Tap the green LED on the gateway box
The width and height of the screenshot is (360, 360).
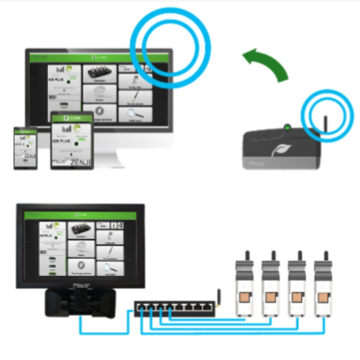(x=287, y=128)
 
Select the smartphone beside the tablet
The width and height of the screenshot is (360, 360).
(x=25, y=148)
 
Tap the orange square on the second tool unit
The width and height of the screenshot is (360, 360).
(x=271, y=297)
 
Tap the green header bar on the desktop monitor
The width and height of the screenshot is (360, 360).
(x=99, y=57)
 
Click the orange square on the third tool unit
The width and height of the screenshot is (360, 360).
(x=297, y=297)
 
